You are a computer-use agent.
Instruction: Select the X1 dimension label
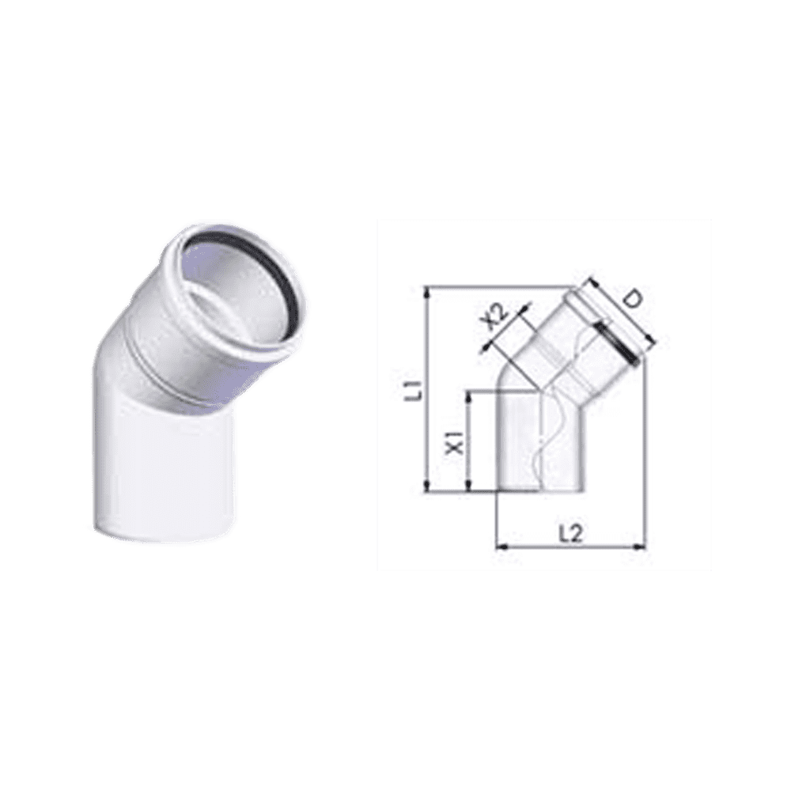click(x=456, y=441)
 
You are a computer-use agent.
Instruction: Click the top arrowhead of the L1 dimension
click(x=428, y=291)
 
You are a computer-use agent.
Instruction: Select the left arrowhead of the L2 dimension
click(x=502, y=545)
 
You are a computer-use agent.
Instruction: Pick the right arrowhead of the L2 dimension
click(x=640, y=545)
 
